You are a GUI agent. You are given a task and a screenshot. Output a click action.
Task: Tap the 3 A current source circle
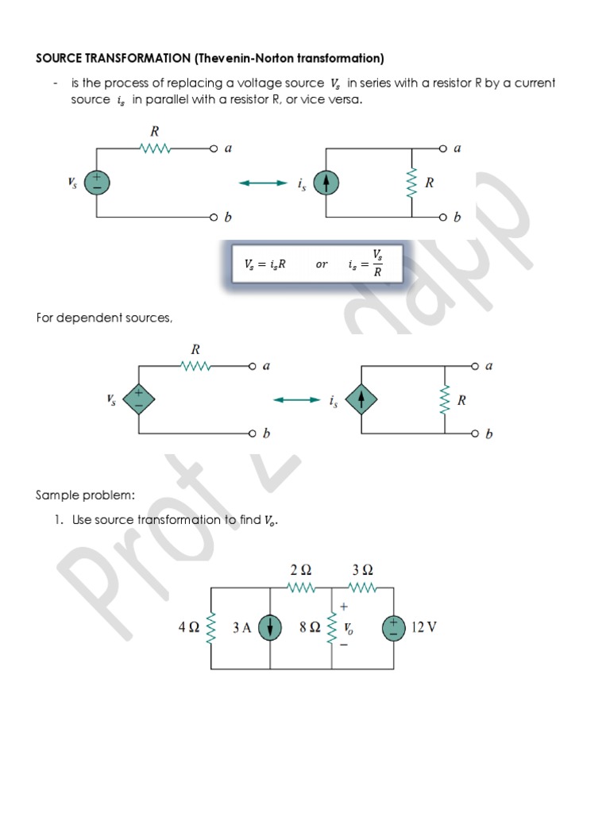pyautogui.click(x=272, y=628)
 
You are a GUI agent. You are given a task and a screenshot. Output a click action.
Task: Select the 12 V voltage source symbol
pyautogui.click(x=393, y=628)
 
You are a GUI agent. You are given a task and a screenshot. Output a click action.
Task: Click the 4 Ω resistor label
pyautogui.click(x=189, y=627)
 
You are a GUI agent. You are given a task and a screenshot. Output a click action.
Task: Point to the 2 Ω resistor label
pyautogui.click(x=301, y=570)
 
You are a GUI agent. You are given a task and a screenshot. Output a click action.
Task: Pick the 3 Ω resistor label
pyautogui.click(x=362, y=570)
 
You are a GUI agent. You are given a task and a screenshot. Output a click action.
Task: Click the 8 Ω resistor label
pyautogui.click(x=310, y=627)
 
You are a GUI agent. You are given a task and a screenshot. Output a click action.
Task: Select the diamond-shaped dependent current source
pyautogui.click(x=361, y=400)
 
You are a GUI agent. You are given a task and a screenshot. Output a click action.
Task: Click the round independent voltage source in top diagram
pyautogui.click(x=97, y=183)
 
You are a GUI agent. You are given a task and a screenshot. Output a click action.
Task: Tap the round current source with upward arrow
pyautogui.click(x=326, y=183)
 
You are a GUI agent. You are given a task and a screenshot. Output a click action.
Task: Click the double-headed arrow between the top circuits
pyautogui.click(x=262, y=183)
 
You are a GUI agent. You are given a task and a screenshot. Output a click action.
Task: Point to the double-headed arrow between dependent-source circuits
pyautogui.click(x=296, y=400)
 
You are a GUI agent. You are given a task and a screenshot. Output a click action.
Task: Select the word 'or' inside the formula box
pyautogui.click(x=322, y=264)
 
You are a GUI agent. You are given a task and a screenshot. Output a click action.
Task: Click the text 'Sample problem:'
pyautogui.click(x=86, y=495)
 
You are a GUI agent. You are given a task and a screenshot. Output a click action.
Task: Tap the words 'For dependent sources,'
pyautogui.click(x=104, y=318)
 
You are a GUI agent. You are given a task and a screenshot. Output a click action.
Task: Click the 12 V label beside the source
pyautogui.click(x=423, y=627)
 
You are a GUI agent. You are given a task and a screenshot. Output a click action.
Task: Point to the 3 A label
pyautogui.click(x=242, y=628)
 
